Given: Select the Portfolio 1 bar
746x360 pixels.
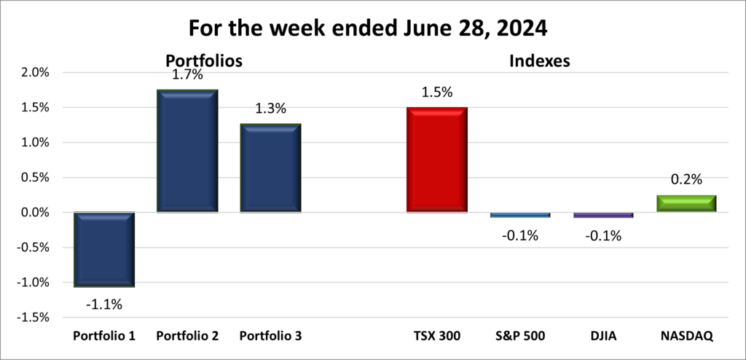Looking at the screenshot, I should pyautogui.click(x=103, y=249).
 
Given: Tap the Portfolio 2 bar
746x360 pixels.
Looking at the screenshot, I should pyautogui.click(x=187, y=151).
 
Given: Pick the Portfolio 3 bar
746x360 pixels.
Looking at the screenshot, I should pyautogui.click(x=270, y=168).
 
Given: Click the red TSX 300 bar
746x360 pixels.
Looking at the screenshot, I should pyautogui.click(x=436, y=160).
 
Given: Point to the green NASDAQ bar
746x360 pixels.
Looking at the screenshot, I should pyautogui.click(x=686, y=203).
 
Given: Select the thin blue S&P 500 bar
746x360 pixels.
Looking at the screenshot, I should pyautogui.click(x=519, y=215).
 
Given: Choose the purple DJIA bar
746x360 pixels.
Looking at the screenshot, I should pyautogui.click(x=602, y=215).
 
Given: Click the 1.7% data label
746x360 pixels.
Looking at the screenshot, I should pyautogui.click(x=187, y=74).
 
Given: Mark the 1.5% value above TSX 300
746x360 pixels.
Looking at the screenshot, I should pyautogui.click(x=436, y=93).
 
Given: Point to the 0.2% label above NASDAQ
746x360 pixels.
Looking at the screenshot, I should pyautogui.click(x=686, y=181).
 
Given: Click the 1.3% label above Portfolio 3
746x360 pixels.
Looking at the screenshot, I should pyautogui.click(x=270, y=109).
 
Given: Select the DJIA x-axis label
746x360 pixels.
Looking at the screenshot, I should pyautogui.click(x=602, y=336).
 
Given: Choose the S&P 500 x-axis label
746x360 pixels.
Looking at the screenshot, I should pyautogui.click(x=519, y=336).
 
